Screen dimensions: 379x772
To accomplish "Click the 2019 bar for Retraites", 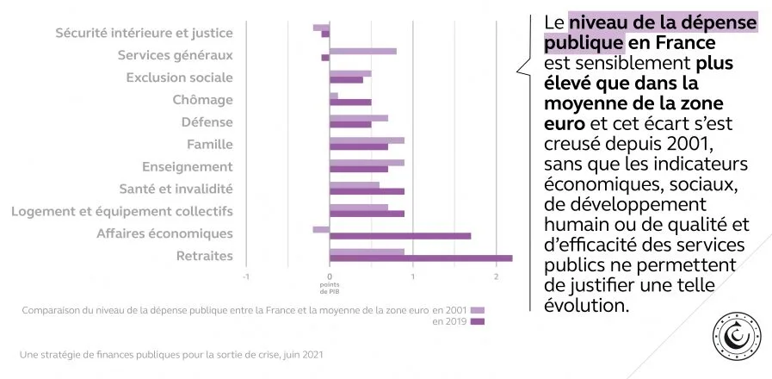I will (421, 258).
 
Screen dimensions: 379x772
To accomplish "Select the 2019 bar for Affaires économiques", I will (400, 236).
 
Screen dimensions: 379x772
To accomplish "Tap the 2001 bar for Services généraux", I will (363, 51).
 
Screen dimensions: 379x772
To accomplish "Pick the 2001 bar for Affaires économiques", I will (321, 229).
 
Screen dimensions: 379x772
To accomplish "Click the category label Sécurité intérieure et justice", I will (144, 33).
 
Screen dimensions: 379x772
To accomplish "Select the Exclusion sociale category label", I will (179, 78).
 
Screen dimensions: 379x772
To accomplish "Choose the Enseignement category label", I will (187, 166).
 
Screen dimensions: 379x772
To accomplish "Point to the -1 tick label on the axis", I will (245, 276).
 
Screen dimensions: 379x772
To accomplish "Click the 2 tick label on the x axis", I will (497, 276).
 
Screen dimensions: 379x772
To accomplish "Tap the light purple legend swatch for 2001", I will (479, 309).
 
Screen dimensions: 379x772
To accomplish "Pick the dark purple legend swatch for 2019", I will (479, 322).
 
